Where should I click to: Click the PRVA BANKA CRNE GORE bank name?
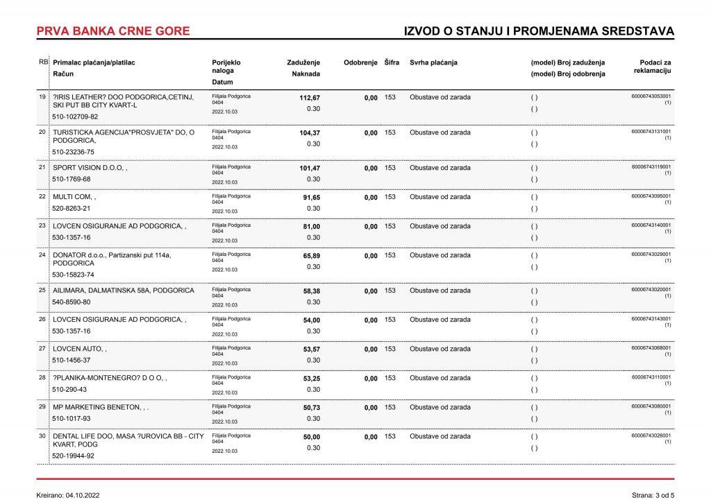pos(112,31)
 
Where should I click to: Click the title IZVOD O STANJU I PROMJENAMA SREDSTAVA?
pos(539,31)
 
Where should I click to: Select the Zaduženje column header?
pos(303,62)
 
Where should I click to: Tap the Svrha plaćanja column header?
pos(433,62)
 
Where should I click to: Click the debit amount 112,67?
pos(310,98)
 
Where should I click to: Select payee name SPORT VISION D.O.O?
pos(89,168)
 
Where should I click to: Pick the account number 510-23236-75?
pos(73,152)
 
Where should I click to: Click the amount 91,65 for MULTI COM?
pos(312,198)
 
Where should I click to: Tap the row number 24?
pos(42,254)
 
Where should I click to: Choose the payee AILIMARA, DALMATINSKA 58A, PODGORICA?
pos(124,291)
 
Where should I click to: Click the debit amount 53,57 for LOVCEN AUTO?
pos(312,349)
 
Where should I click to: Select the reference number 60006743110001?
pos(651,377)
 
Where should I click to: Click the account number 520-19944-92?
pos(73,456)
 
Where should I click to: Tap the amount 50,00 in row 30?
pos(312,437)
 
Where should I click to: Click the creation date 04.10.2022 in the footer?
pos(83,495)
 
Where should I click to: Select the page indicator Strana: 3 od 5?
pos(653,495)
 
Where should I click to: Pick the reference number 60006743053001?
pos(651,96)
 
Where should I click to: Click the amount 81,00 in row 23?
pos(312,227)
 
